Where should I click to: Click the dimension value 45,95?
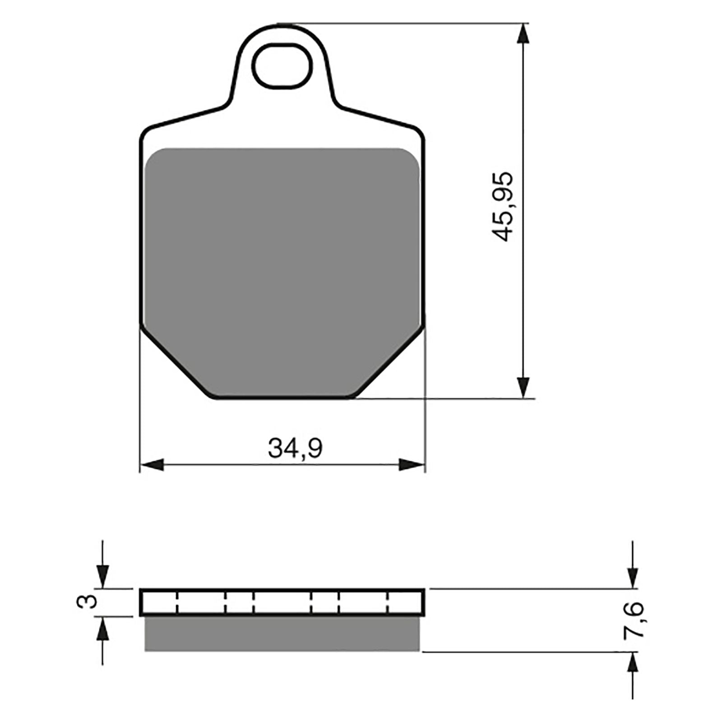(502, 206)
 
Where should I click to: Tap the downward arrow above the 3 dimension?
(103, 575)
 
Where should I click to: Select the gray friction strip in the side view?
(282, 634)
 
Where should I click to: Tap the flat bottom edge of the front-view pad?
(282, 398)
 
